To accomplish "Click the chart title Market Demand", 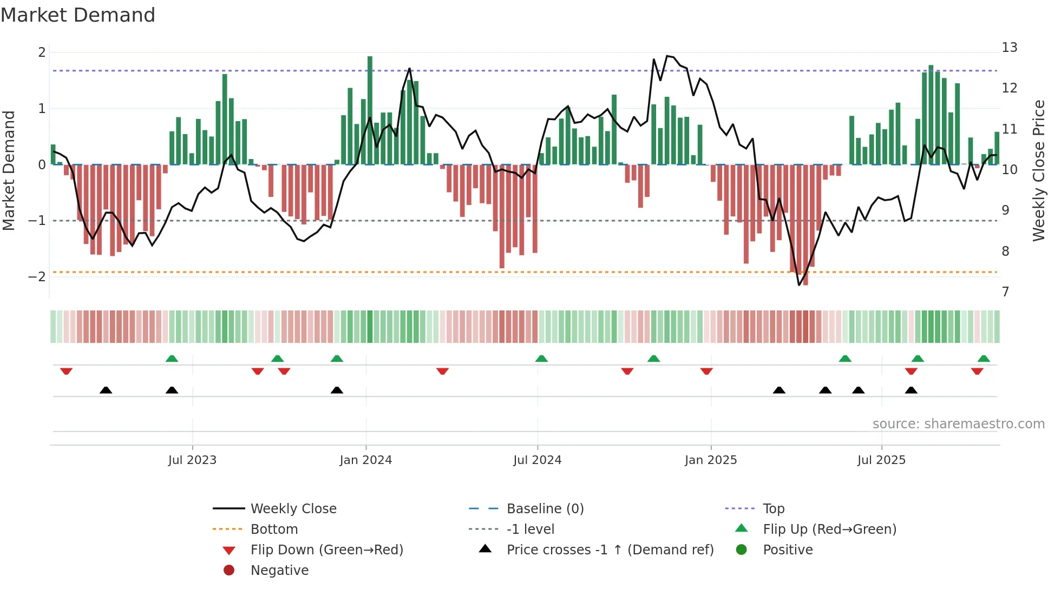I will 78,15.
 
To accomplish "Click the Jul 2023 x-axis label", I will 192,460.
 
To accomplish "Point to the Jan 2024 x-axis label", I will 365,460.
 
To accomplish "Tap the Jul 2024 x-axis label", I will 537,460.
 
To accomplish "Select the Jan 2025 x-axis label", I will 710,460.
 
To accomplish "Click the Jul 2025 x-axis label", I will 881,460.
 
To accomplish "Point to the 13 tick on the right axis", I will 1009,48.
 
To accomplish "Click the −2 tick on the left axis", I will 37,276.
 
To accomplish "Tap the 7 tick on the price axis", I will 1005,292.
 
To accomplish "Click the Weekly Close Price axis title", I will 1038,170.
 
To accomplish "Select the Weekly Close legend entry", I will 293,508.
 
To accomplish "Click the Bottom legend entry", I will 274,529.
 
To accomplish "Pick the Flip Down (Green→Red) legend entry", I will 326,549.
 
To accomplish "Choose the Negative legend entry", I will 279,570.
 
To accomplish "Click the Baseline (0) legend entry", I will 545,508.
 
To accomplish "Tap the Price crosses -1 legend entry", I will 610,549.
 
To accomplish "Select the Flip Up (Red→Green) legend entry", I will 829,529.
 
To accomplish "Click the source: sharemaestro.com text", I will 958,423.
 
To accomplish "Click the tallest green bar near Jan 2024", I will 370,110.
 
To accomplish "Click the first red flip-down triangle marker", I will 66,371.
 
